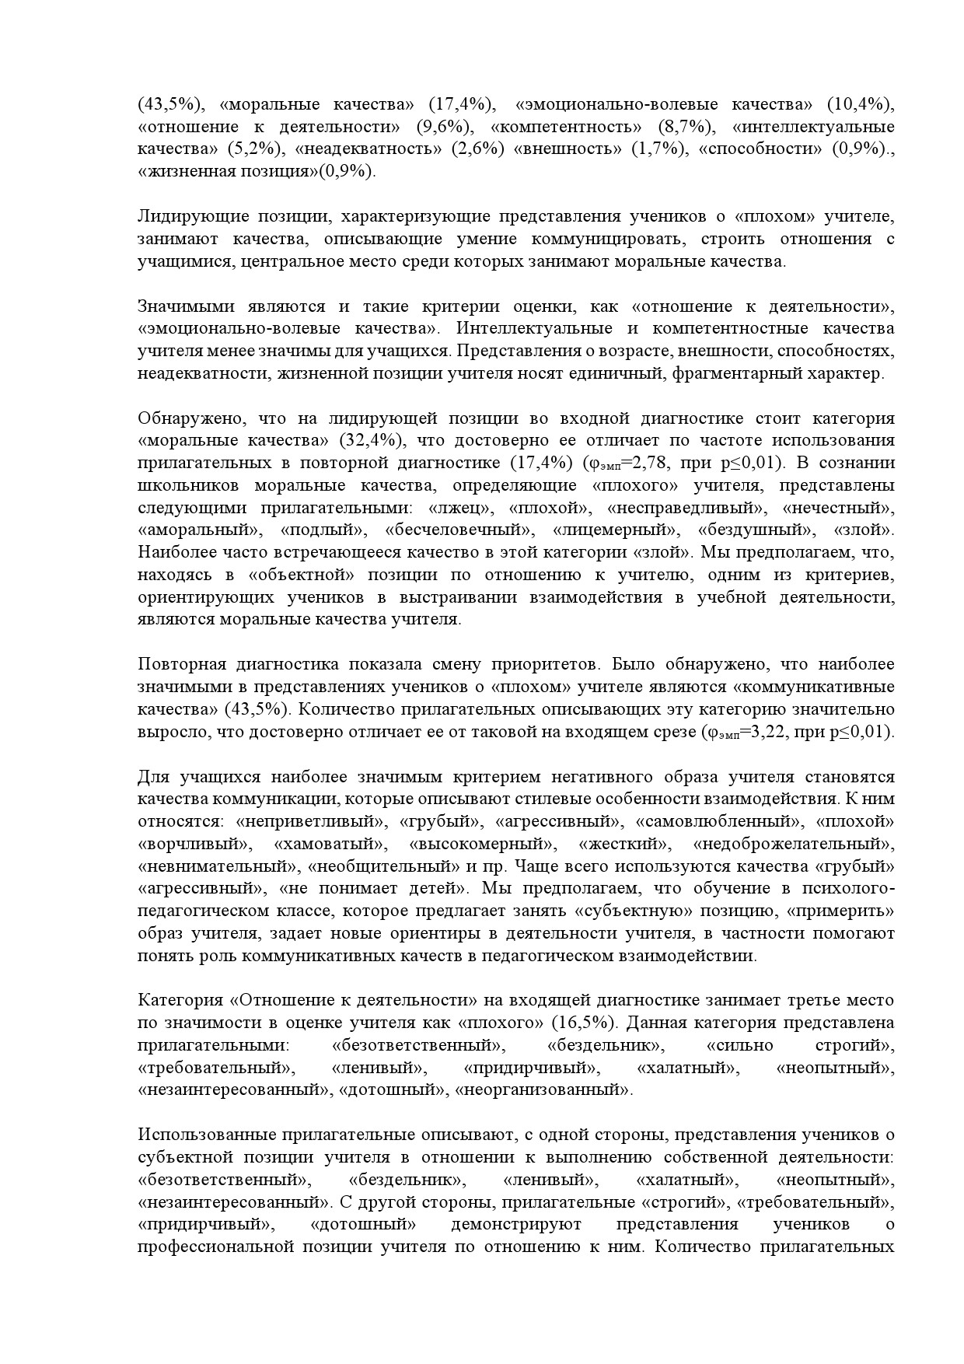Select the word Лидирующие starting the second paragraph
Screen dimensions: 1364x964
click(183, 216)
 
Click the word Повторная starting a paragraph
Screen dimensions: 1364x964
click(182, 665)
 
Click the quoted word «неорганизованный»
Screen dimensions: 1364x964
click(544, 1090)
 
